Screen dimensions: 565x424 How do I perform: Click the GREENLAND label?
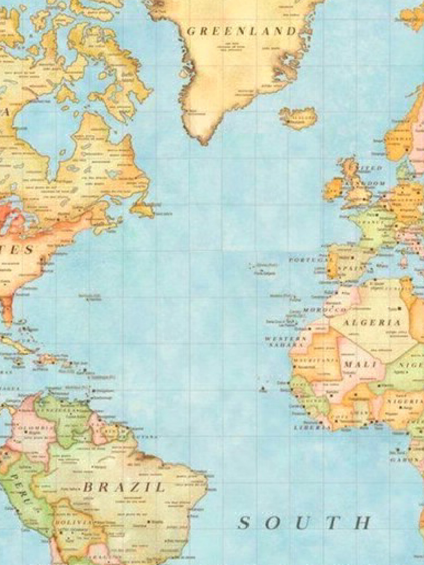[241, 31]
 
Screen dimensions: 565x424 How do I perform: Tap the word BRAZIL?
[124, 487]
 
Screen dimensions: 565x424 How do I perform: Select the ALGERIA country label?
[373, 322]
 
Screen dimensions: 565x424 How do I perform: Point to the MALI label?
[360, 365]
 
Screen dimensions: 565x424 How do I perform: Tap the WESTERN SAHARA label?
[285, 342]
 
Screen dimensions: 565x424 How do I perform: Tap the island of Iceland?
[298, 116]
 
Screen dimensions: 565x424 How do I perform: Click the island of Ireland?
[333, 189]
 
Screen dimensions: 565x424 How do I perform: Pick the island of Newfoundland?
[142, 209]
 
